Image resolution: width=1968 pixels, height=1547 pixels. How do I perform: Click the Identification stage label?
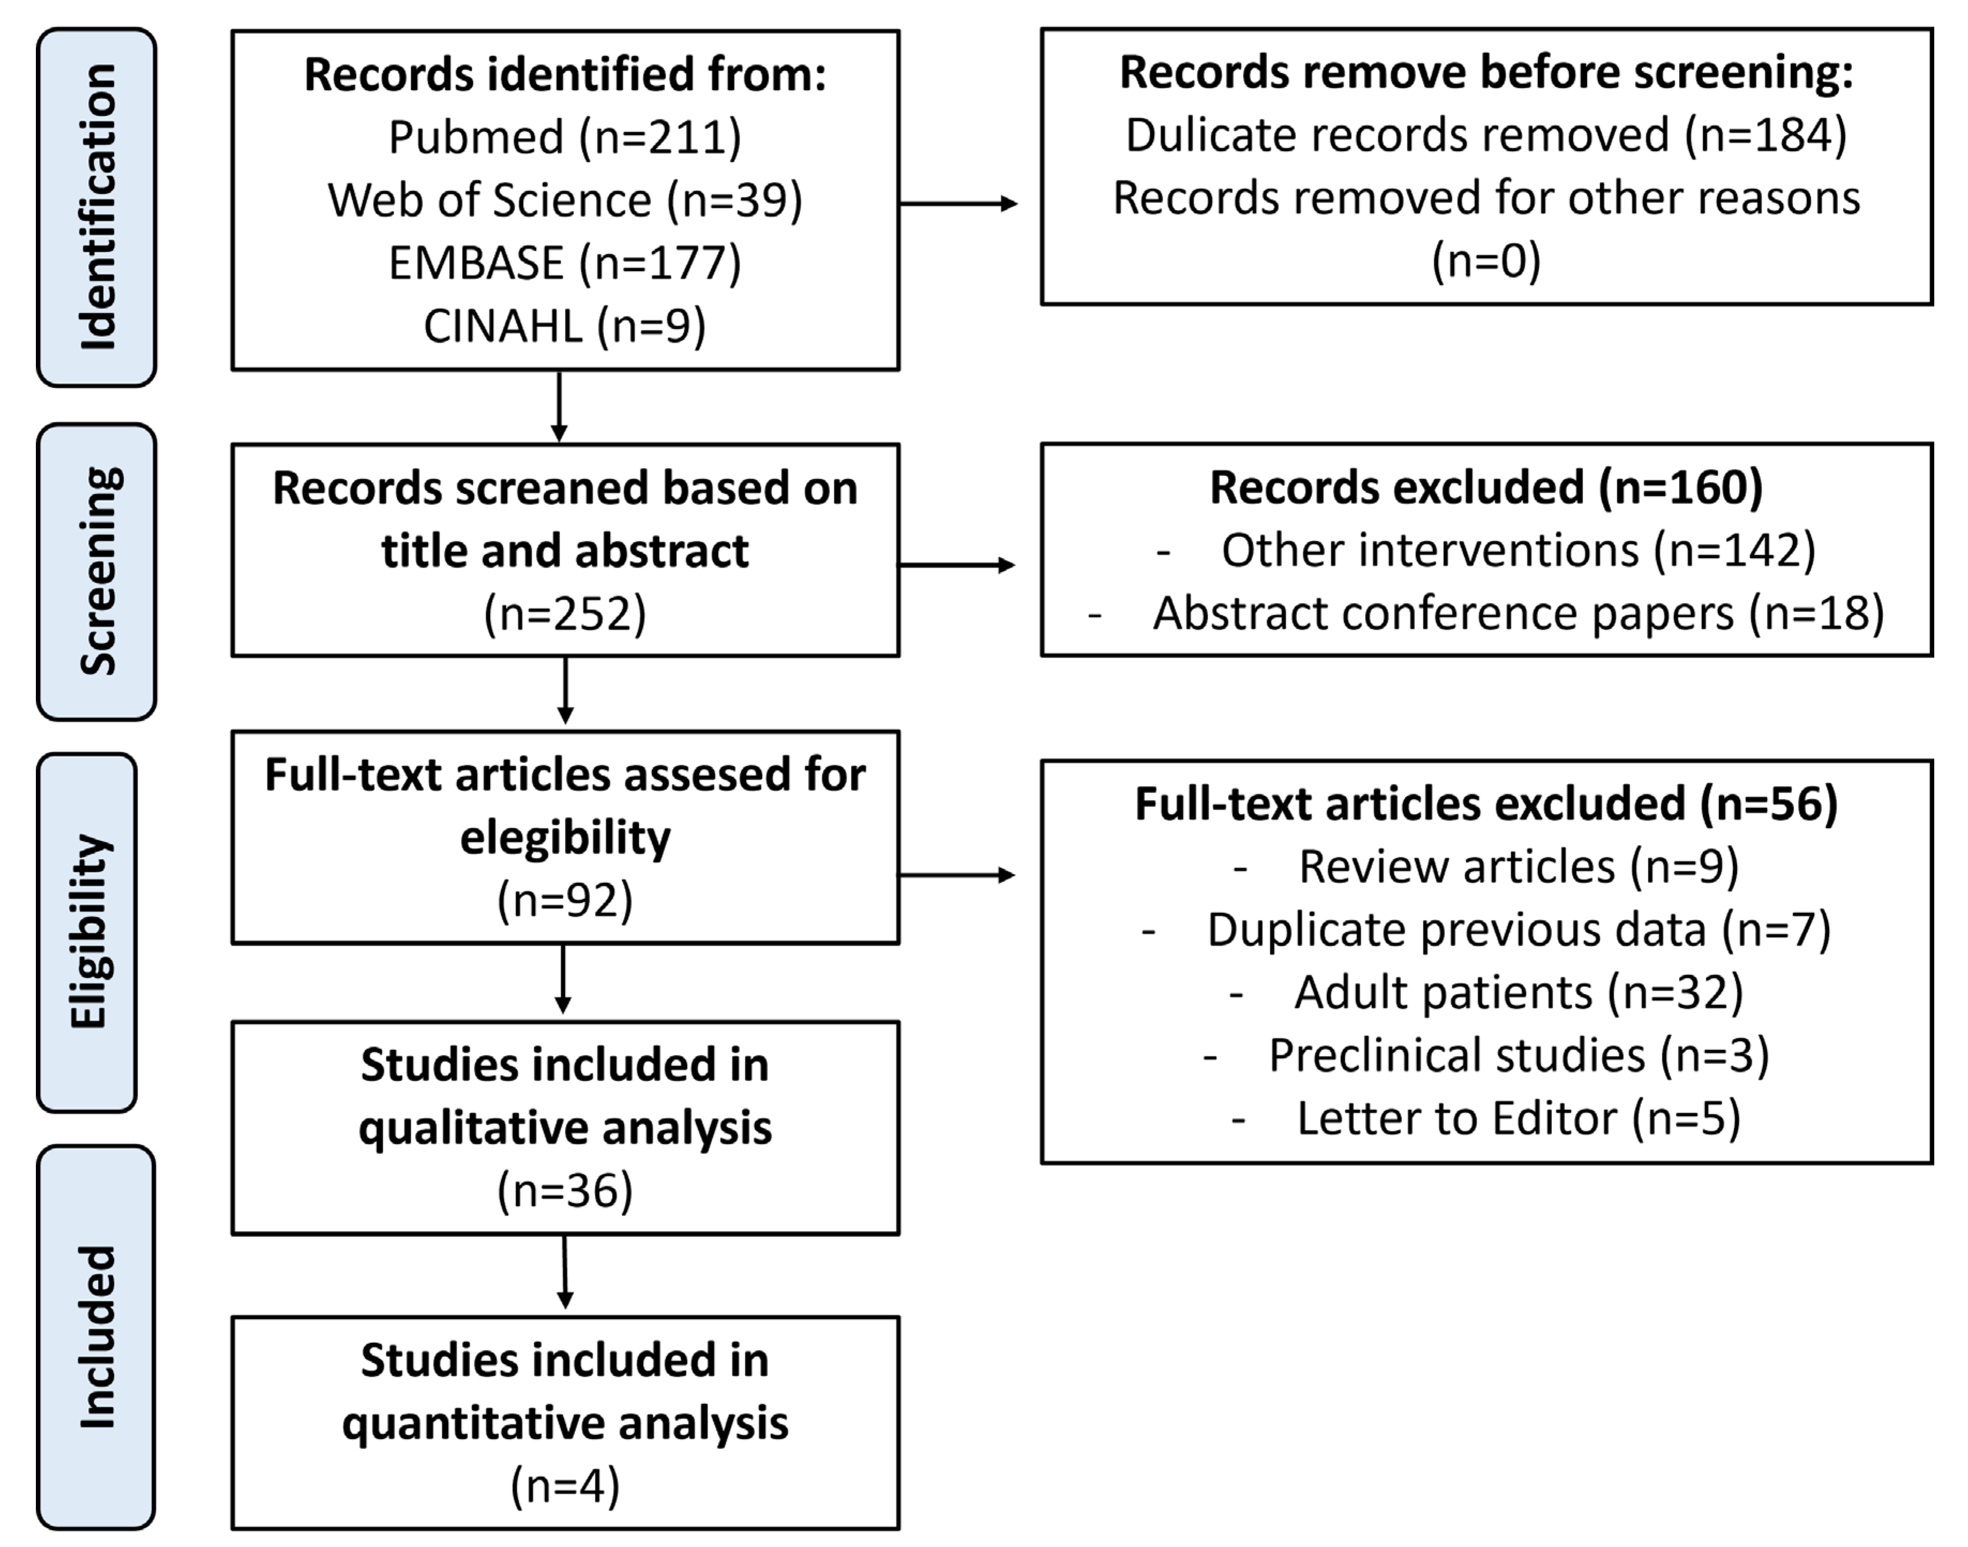point(97,207)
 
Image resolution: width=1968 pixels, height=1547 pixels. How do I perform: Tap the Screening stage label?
point(97,571)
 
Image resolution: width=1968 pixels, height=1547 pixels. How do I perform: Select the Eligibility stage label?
point(88,932)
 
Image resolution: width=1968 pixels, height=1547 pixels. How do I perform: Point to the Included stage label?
point(97,1337)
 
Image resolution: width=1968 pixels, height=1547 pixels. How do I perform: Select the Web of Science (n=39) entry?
point(564,200)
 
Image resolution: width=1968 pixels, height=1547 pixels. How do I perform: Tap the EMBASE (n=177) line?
point(564,263)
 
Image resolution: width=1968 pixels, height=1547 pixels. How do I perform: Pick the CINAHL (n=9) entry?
point(564,326)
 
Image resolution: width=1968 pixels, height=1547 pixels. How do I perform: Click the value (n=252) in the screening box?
point(564,614)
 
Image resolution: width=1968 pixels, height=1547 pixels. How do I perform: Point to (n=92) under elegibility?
point(564,900)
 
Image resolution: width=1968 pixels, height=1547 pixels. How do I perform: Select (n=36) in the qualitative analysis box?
point(564,1190)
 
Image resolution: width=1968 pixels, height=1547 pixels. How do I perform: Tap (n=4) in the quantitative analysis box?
point(564,1486)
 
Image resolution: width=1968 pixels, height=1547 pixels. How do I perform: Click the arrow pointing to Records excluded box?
point(958,565)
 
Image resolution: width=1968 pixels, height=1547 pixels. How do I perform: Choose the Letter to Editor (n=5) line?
point(1518,1119)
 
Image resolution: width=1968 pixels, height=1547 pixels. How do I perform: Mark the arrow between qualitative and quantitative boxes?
point(564,1272)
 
